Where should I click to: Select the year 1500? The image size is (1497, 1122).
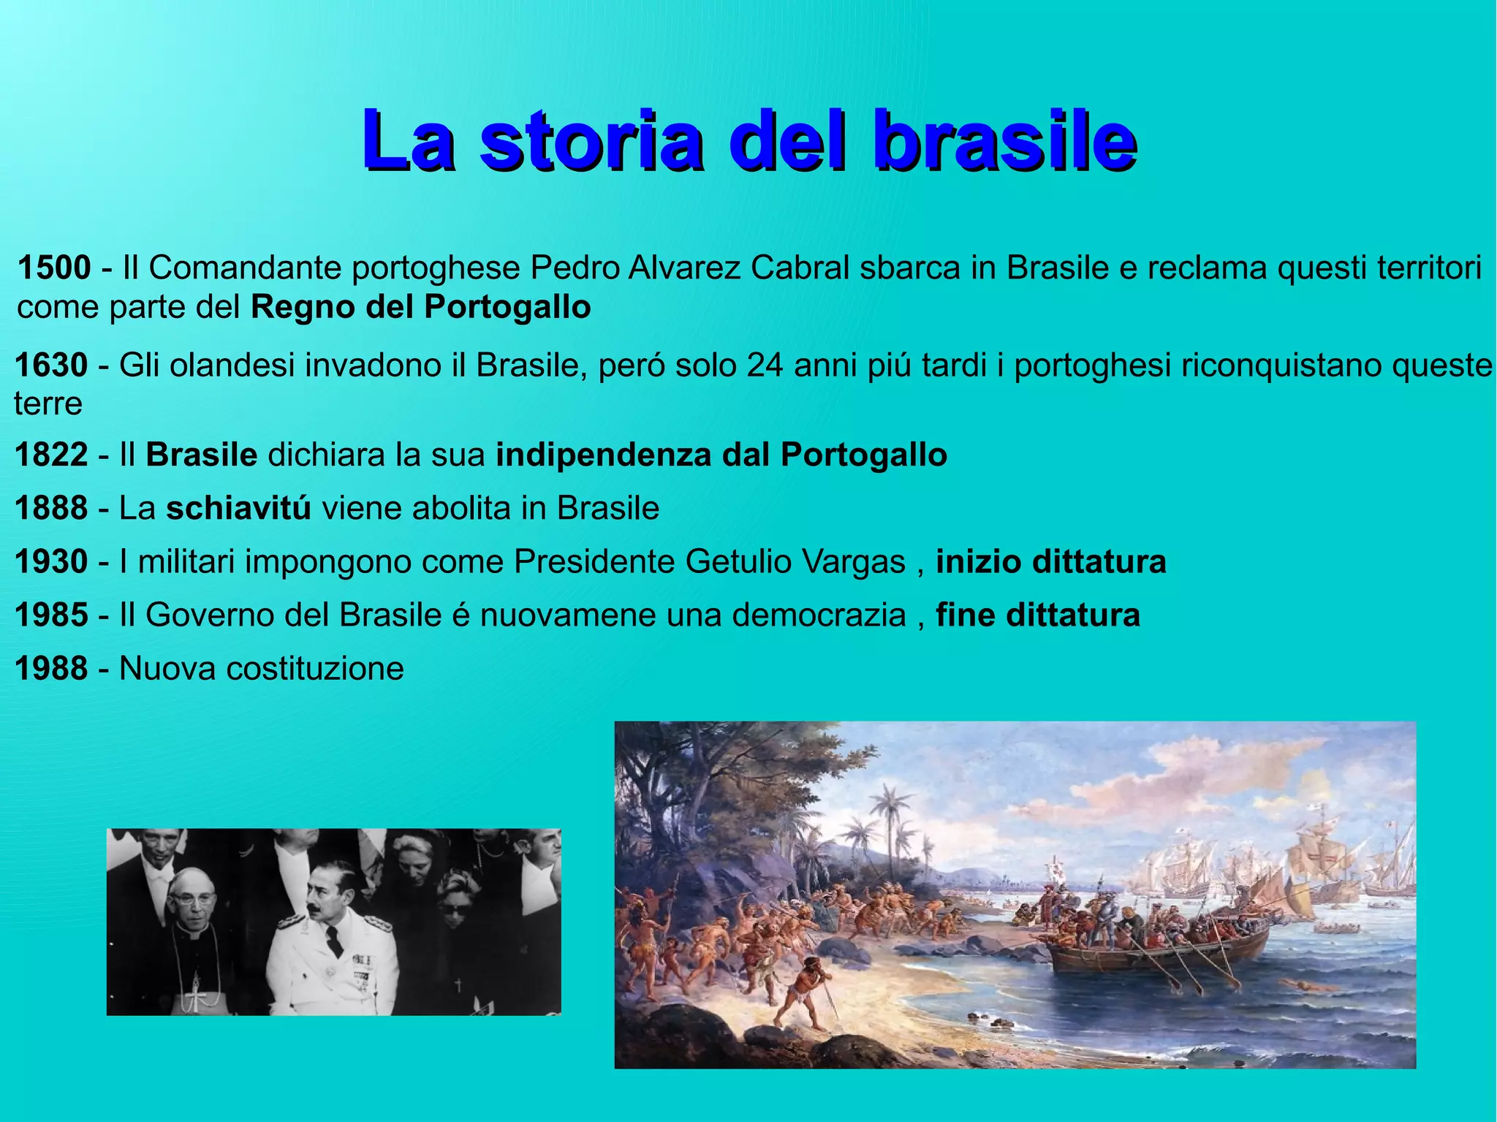54,268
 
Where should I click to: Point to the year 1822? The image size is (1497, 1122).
51,455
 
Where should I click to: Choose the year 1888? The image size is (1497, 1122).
51,509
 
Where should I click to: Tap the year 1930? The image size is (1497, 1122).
51,562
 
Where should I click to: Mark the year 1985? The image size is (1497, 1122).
51,615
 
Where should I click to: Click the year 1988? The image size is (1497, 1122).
51,669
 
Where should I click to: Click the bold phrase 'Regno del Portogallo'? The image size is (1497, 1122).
420,308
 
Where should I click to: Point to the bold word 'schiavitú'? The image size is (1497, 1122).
238,509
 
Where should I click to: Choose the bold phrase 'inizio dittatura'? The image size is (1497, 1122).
1050,562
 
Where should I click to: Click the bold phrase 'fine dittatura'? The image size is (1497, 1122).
1037,615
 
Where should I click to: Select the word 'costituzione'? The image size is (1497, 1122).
314,669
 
